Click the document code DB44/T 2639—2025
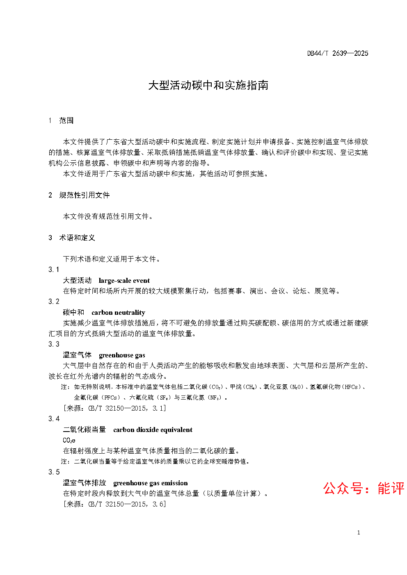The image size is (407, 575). (x=338, y=53)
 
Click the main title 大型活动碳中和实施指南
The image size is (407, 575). (x=208, y=85)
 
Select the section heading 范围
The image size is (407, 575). (x=66, y=120)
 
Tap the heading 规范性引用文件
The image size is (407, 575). (x=84, y=195)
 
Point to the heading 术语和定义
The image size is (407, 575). (x=77, y=238)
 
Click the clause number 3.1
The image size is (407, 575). (x=54, y=270)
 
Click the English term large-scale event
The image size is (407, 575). (x=124, y=281)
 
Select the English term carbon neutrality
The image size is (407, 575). (x=118, y=313)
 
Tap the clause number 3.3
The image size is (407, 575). (x=54, y=344)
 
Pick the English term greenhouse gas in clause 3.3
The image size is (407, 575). (x=122, y=355)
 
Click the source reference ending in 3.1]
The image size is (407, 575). (x=114, y=408)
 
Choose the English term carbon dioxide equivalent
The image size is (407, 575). (x=153, y=430)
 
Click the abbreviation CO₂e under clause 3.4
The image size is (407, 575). (x=69, y=441)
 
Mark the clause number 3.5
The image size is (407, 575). (x=54, y=472)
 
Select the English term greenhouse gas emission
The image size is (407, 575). (x=150, y=483)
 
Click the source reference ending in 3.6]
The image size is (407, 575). (x=114, y=504)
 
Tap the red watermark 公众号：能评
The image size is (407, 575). (x=364, y=488)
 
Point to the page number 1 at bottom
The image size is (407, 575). (x=359, y=533)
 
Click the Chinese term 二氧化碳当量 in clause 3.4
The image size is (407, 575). (x=84, y=430)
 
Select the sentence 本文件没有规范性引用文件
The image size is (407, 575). (x=108, y=216)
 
